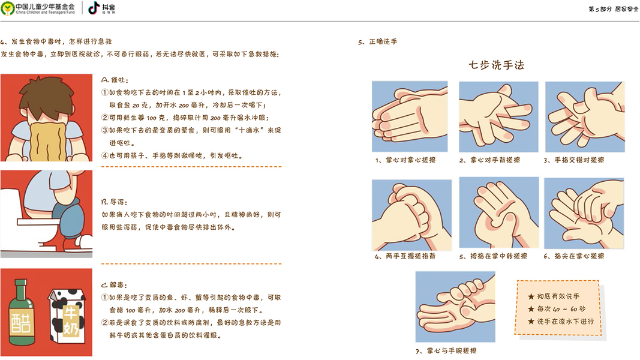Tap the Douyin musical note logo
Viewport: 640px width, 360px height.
[94, 8]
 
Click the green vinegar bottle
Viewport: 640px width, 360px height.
[21, 313]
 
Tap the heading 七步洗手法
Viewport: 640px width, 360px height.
[496, 65]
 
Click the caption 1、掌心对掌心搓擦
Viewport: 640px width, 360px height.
[405, 160]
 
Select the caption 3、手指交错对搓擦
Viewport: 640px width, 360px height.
[573, 160]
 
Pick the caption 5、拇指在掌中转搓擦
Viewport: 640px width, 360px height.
[493, 256]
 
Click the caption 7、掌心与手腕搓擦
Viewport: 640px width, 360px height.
[446, 350]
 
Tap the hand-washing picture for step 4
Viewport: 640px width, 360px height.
[412, 215]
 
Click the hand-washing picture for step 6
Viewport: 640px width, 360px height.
[584, 213]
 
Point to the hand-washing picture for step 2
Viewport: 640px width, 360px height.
[498, 117]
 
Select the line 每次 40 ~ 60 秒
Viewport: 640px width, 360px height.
[557, 309]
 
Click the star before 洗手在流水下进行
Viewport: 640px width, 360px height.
[531, 322]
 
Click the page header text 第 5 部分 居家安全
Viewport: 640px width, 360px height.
[614, 8]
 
